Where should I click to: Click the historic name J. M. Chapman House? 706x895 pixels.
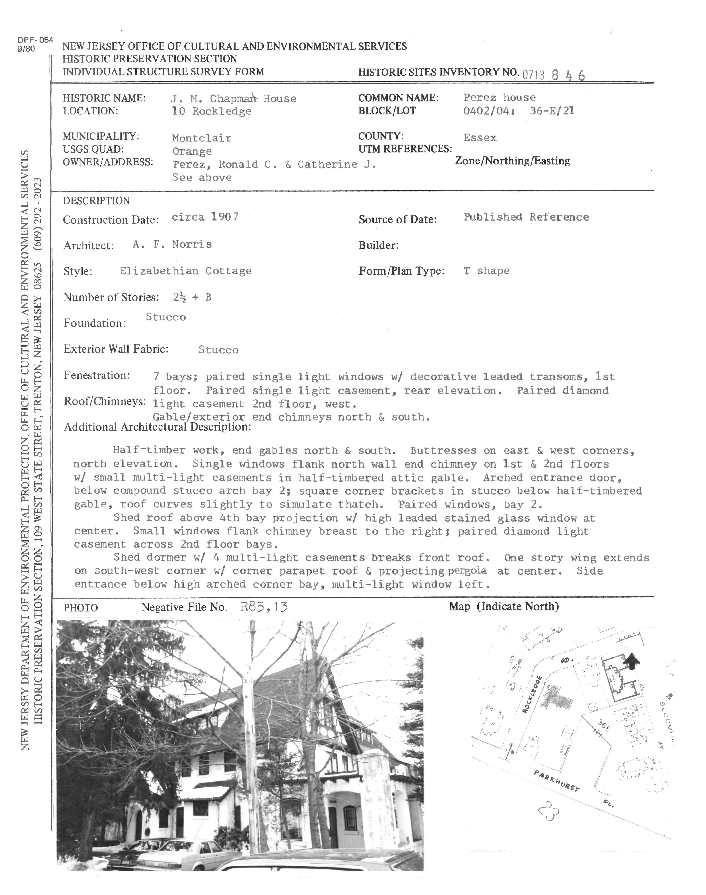[233, 98]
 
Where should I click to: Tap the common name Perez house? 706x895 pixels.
[499, 98]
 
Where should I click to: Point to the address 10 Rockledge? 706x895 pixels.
[212, 111]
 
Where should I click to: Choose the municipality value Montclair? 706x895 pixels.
[202, 138]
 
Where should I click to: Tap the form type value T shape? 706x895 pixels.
[486, 271]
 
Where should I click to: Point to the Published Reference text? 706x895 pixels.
[526, 217]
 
